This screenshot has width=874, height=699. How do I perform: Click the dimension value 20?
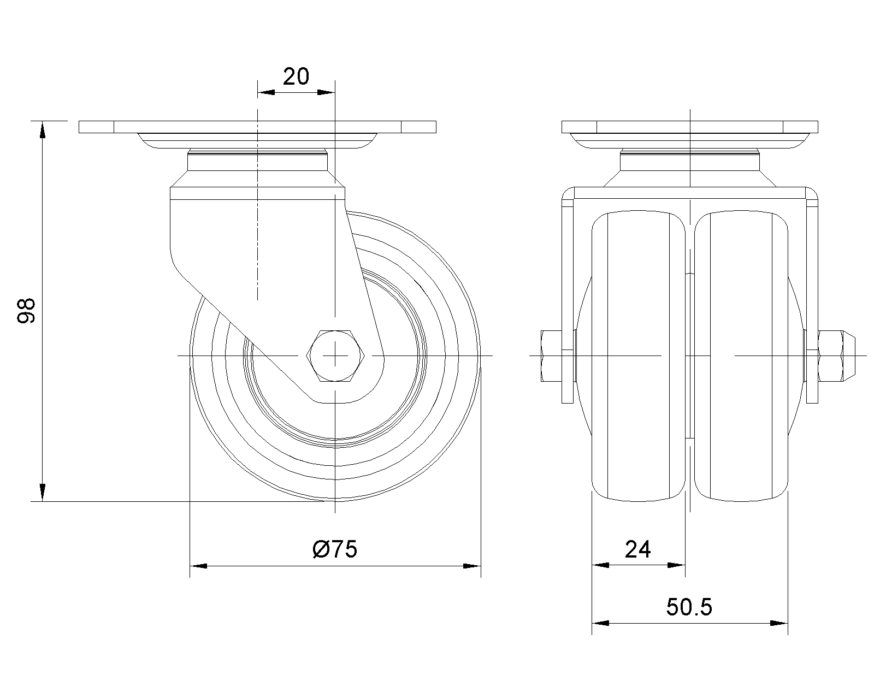click(x=296, y=76)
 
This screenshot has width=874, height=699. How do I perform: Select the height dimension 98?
click(x=26, y=311)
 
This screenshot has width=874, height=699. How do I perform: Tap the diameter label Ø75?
click(x=335, y=549)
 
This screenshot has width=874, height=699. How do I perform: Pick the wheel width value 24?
click(x=637, y=549)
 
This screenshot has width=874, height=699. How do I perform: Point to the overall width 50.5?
click(x=689, y=607)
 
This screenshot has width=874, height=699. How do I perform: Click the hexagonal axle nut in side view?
click(x=335, y=356)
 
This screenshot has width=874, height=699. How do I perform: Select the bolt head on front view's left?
click(x=551, y=356)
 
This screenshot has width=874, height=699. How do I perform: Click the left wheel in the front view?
click(x=639, y=356)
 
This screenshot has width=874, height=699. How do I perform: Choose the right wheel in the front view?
click(x=741, y=356)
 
